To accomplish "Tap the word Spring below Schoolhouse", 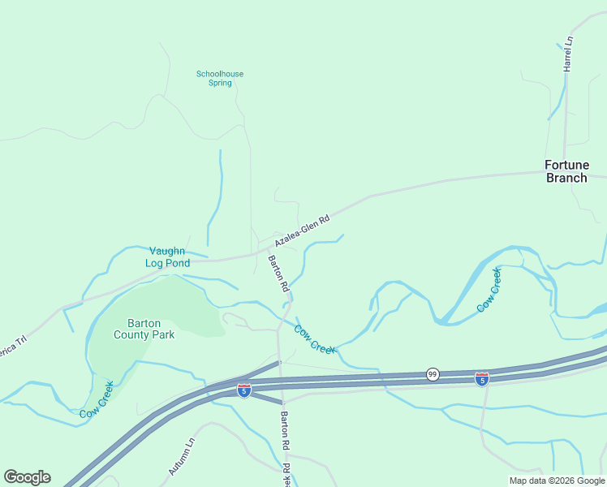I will coord(220,83).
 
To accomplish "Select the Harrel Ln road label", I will coord(569,54).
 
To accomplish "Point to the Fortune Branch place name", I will coord(566,171).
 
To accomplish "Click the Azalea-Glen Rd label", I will coord(302,231).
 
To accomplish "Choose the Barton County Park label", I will coord(144,329).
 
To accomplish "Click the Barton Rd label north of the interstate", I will coord(278,274).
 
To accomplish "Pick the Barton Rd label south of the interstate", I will coord(285,430).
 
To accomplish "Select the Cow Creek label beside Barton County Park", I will coord(96,400).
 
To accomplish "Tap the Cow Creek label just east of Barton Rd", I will coord(314,339).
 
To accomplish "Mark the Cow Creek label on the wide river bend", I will coord(489,290).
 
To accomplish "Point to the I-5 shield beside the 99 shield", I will coord(481,378).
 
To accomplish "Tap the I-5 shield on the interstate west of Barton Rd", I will coord(243,390).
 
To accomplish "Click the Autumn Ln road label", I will coord(183,457).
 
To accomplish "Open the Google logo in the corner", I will coord(27,477).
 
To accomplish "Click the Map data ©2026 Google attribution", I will coord(557,481).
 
